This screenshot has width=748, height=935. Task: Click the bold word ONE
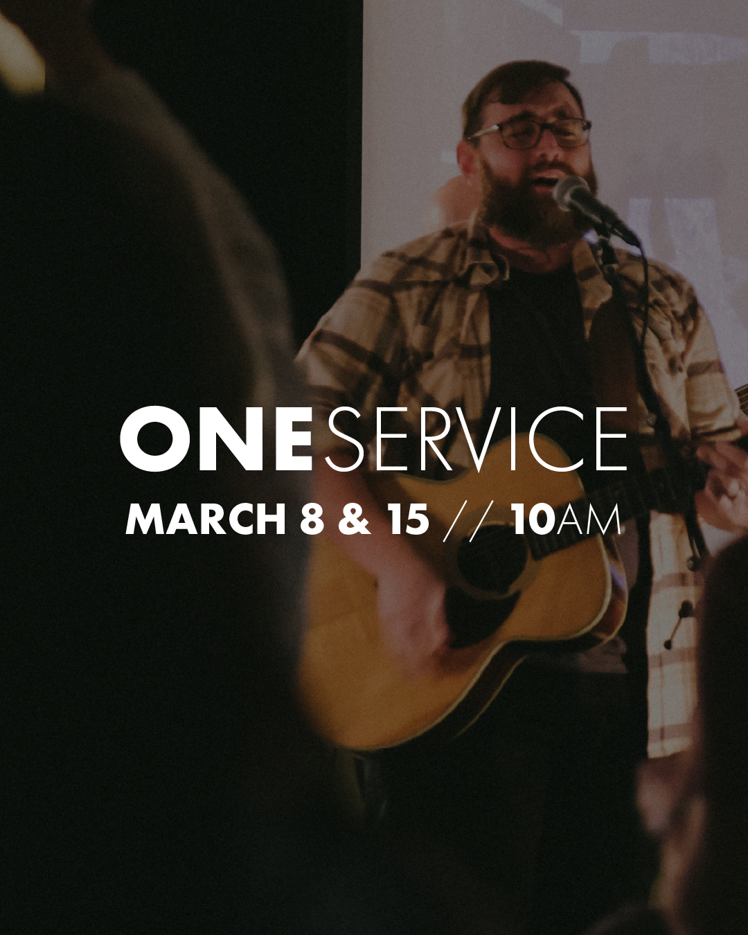tap(215, 439)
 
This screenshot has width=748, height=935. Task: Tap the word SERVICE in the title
tap(476, 439)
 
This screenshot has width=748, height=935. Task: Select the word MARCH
tap(206, 519)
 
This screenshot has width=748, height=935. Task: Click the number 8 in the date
tap(312, 519)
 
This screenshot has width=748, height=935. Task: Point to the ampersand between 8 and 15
tap(355, 519)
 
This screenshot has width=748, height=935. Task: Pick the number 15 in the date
tap(408, 519)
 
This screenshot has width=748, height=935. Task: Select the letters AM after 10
tap(589, 519)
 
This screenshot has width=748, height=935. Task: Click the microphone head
tap(573, 193)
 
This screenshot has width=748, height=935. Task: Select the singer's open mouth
tap(547, 181)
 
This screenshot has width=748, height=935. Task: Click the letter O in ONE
tap(154, 439)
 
